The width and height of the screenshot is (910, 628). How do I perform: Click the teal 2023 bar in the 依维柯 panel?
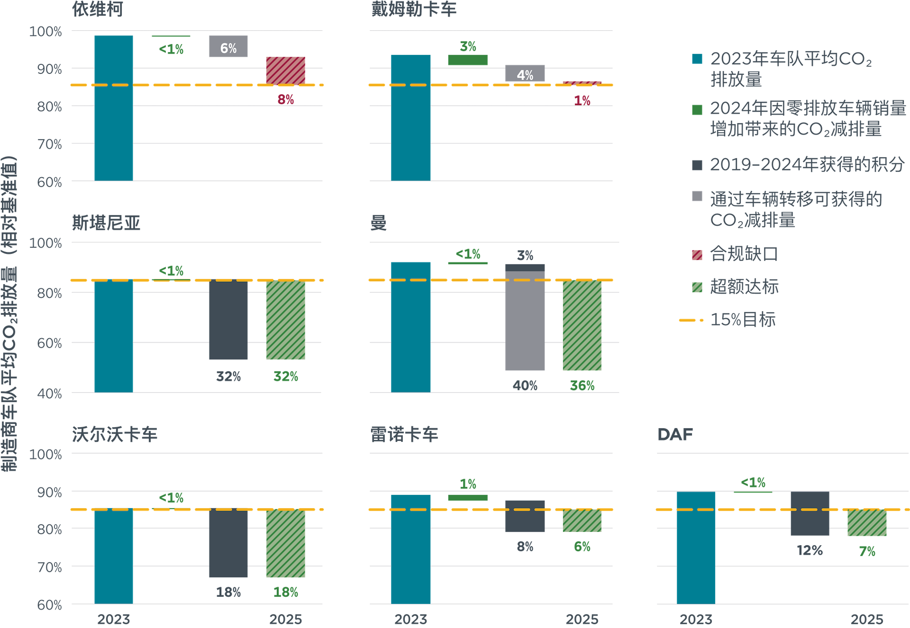114,108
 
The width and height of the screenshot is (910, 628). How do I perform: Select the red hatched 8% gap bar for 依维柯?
285,71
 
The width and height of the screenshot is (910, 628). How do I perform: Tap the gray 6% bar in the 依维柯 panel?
228,47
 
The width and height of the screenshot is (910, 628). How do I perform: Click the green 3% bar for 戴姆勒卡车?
468,60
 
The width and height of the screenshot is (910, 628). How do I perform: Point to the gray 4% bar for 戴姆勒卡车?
525,73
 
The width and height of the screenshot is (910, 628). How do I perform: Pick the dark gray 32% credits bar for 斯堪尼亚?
228,320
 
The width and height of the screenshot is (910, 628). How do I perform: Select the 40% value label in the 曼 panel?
525,386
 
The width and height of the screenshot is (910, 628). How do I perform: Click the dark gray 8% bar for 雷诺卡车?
525,516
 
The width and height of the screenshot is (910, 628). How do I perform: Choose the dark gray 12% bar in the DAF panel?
810,514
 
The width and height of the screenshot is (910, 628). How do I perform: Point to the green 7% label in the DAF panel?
867,551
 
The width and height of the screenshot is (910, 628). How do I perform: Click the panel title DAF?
675,434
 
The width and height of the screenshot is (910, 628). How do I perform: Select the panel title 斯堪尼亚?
106,223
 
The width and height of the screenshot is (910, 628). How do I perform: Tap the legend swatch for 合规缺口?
697,255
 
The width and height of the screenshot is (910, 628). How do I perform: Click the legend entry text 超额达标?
744,287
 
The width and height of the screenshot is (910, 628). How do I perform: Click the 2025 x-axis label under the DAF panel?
867,619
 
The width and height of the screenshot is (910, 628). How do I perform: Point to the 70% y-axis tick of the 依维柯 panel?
50,144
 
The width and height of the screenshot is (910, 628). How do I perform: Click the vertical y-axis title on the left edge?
9,313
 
